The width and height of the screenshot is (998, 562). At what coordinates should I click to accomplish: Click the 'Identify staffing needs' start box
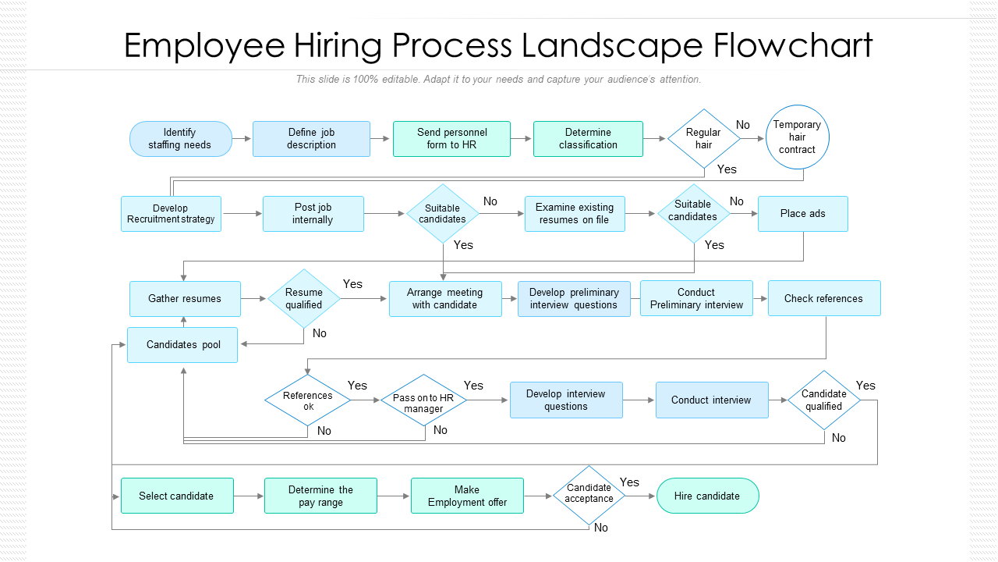pyautogui.click(x=180, y=139)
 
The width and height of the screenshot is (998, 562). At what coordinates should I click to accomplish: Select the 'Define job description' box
pyautogui.click(x=311, y=139)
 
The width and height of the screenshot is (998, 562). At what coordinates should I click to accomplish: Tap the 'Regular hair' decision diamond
pyautogui.click(x=704, y=139)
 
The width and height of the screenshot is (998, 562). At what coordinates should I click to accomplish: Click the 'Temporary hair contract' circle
pyautogui.click(x=797, y=137)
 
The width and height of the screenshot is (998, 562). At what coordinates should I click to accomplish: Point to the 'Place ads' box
pyautogui.click(x=803, y=214)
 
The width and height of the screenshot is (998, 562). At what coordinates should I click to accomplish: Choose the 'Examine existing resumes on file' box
pyautogui.click(x=575, y=214)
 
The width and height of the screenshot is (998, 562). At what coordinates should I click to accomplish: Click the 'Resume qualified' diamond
pyautogui.click(x=304, y=298)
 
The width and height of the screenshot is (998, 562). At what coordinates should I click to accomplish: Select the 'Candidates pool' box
pyautogui.click(x=182, y=345)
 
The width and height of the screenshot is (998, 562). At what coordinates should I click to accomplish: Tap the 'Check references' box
pyautogui.click(x=824, y=298)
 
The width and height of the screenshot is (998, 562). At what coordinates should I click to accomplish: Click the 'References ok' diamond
pyautogui.click(x=307, y=400)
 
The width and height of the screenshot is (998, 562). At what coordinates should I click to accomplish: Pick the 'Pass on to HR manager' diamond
pyautogui.click(x=423, y=400)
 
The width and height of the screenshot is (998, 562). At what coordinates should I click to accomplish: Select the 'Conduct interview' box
pyautogui.click(x=712, y=400)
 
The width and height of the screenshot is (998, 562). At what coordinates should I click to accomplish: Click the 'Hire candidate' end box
pyautogui.click(x=707, y=496)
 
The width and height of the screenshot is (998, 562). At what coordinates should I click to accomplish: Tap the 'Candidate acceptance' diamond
pyautogui.click(x=589, y=496)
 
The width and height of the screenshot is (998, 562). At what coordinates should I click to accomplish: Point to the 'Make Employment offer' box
pyautogui.click(x=467, y=496)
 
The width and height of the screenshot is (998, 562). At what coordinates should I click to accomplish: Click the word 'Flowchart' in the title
pyautogui.click(x=793, y=45)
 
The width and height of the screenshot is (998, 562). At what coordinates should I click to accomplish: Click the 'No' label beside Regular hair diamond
pyautogui.click(x=743, y=125)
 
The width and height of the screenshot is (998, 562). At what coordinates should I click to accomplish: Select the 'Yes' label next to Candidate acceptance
pyautogui.click(x=629, y=482)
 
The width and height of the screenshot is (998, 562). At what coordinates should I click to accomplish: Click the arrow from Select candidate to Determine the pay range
pyautogui.click(x=249, y=496)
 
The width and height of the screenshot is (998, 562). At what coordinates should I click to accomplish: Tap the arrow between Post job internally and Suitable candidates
pyautogui.click(x=384, y=214)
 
